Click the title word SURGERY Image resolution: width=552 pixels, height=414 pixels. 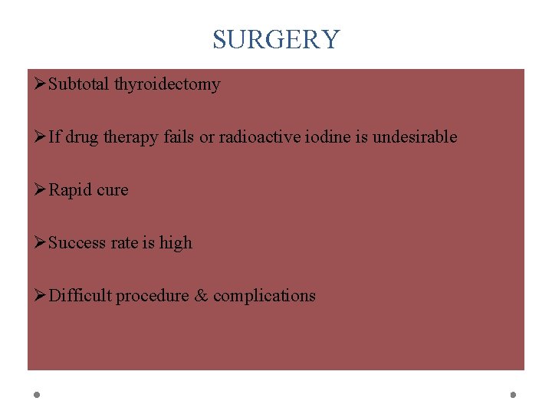[276, 39]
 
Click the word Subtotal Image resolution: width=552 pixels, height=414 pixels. [79, 84]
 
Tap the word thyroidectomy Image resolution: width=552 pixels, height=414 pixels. [167, 84]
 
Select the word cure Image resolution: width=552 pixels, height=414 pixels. [113, 190]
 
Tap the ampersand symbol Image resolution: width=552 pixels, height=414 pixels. [202, 296]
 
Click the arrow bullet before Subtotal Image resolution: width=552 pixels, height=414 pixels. [40, 84]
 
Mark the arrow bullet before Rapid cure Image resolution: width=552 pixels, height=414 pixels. [40, 190]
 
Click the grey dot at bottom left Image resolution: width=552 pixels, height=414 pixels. [37, 395]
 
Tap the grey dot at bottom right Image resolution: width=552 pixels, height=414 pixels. [514, 395]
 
